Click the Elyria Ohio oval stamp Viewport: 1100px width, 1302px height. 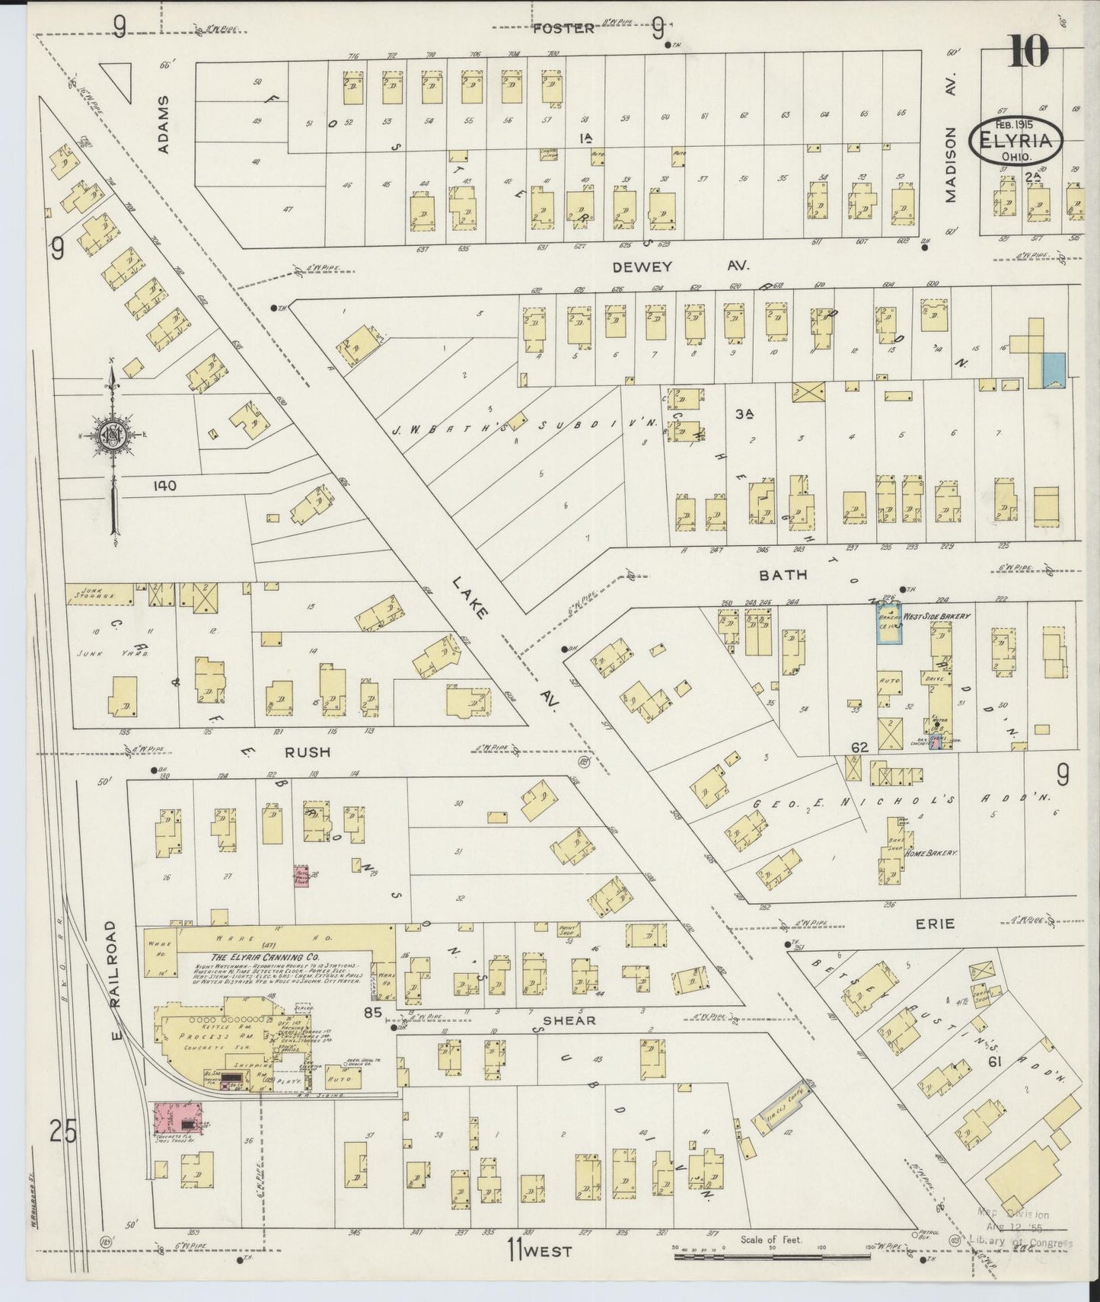(x=1016, y=139)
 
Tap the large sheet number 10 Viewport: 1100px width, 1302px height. (x=1028, y=51)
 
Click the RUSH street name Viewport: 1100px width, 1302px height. (x=308, y=752)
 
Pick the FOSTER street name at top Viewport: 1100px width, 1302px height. (x=563, y=28)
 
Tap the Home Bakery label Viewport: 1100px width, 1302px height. (x=929, y=854)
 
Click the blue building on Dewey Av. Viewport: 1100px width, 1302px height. (x=1053, y=370)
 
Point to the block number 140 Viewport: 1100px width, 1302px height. (x=164, y=485)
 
